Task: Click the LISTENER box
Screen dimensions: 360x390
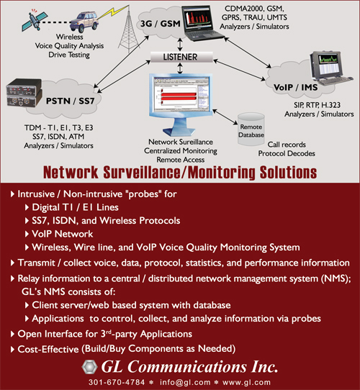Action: pos(181,57)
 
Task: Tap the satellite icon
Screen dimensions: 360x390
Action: pos(32,20)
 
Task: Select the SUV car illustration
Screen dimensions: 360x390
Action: pos(84,22)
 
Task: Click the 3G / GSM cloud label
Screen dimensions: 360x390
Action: pos(160,24)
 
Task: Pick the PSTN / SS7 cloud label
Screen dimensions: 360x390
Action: pos(71,101)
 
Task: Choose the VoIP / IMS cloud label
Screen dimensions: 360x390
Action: pos(295,87)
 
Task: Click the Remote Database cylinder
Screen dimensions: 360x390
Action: pos(251,129)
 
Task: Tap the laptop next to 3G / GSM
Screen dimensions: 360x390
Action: pos(201,23)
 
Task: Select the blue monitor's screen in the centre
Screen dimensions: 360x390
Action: pos(181,94)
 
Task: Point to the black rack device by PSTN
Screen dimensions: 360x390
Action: pos(24,93)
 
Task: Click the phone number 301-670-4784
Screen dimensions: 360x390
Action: pos(117,382)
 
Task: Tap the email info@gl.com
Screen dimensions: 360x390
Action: pos(185,382)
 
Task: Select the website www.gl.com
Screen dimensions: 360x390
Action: pos(246,382)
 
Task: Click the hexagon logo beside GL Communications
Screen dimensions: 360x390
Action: pos(89,367)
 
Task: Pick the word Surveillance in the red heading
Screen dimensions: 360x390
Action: pos(142,173)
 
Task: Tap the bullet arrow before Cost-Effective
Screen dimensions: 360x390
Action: pos(12,349)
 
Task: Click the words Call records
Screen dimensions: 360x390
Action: pos(287,145)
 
